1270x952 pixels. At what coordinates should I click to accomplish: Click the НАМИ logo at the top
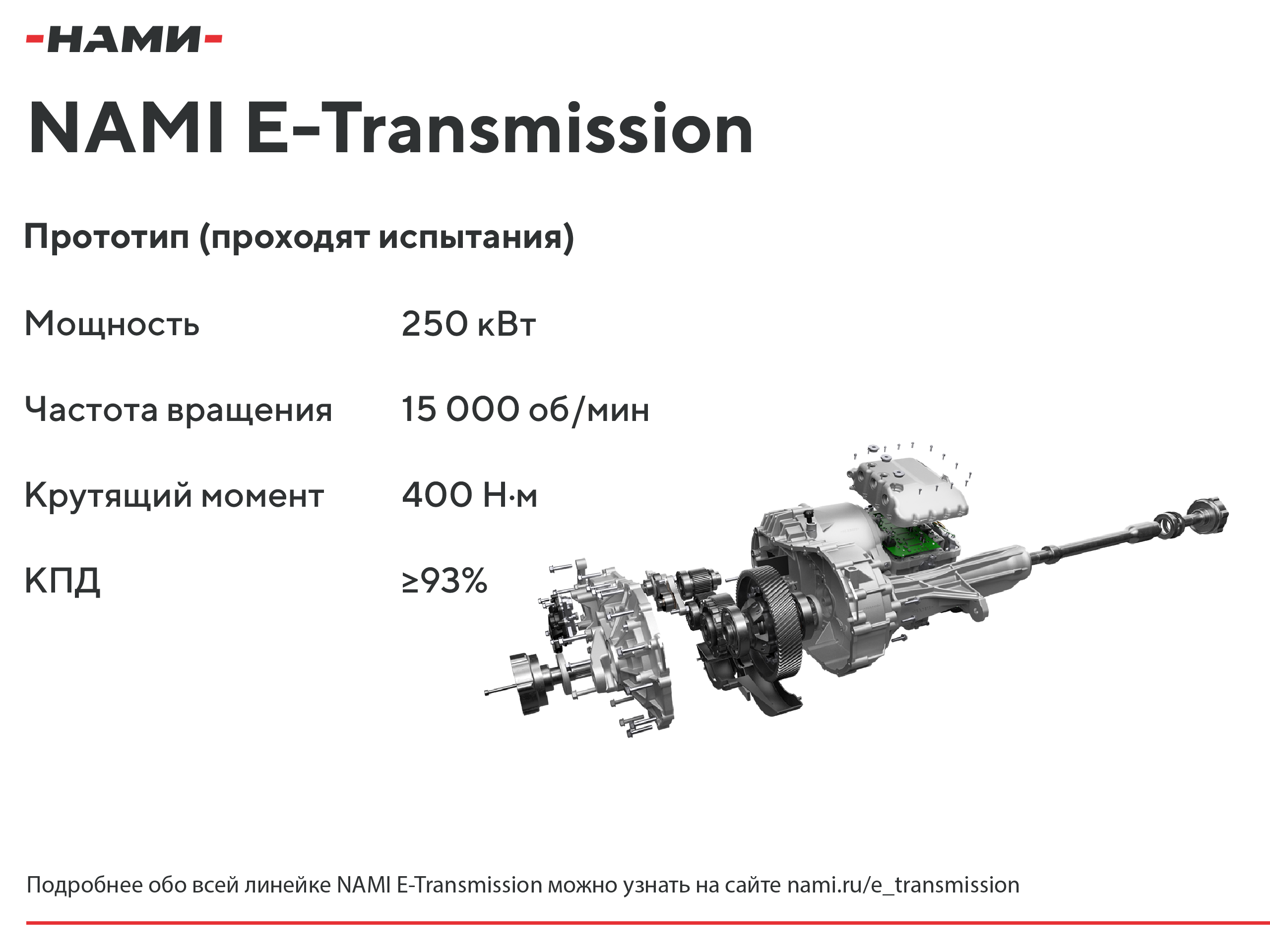pyautogui.click(x=124, y=39)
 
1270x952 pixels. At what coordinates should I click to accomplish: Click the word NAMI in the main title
pyautogui.click(x=126, y=128)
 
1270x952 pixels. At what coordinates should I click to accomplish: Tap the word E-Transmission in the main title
pyautogui.click(x=499, y=128)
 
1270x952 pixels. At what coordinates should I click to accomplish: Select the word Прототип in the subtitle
pyautogui.click(x=107, y=237)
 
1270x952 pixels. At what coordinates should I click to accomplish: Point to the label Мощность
pyautogui.click(x=112, y=324)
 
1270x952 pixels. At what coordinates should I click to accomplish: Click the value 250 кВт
pyautogui.click(x=468, y=324)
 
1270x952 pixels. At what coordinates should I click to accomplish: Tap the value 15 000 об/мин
pyautogui.click(x=525, y=410)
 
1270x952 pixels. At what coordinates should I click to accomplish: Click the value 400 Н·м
pyautogui.click(x=470, y=495)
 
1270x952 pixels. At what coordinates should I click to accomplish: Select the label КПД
pyautogui.click(x=63, y=581)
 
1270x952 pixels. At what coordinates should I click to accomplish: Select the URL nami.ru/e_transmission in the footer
pyautogui.click(x=903, y=886)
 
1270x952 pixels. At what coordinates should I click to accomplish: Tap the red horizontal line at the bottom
pyautogui.click(x=647, y=923)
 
